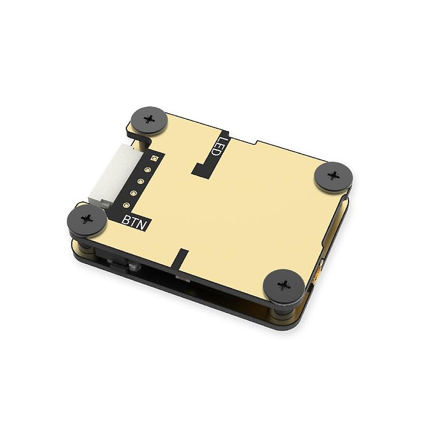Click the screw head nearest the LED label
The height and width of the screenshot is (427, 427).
(x=149, y=120)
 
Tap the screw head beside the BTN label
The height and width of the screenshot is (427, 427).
(x=87, y=219)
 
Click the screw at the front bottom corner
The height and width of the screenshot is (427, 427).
(x=283, y=285)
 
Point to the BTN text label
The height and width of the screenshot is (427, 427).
(x=135, y=221)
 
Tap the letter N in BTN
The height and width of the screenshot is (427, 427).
(x=143, y=224)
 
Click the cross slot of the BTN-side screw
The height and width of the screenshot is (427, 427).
(x=87, y=219)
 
